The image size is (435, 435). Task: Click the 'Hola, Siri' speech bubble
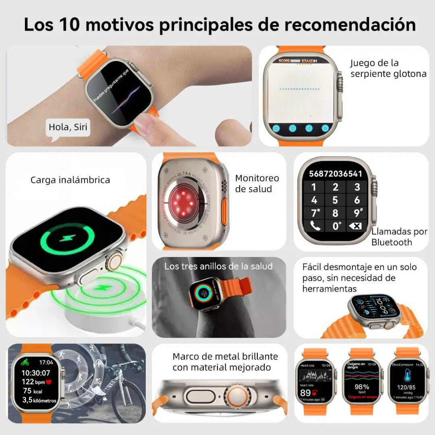68,128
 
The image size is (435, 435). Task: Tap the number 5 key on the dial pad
335,200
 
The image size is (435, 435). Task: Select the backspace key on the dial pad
356,226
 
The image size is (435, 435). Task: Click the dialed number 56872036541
335,174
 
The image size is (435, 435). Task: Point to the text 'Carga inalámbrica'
70,180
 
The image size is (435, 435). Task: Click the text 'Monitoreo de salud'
257,184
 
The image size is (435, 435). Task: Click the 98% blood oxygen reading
362,387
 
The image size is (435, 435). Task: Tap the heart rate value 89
306,393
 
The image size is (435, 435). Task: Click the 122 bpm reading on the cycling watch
34,381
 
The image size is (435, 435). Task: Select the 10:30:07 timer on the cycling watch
36,373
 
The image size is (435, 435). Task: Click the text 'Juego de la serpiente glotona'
388,68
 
